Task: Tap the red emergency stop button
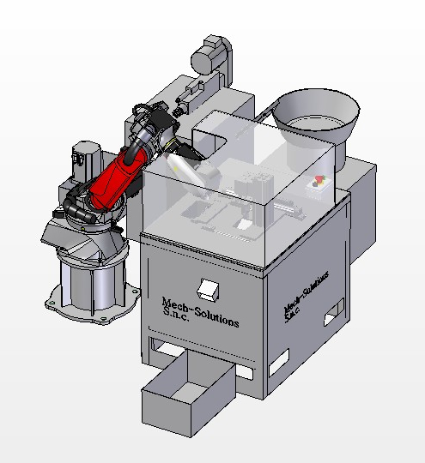tap(319, 178)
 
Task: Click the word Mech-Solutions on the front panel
tap(201, 313)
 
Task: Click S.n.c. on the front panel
tap(176, 315)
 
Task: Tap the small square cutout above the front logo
tap(208, 290)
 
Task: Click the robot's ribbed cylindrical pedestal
tap(92, 284)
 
